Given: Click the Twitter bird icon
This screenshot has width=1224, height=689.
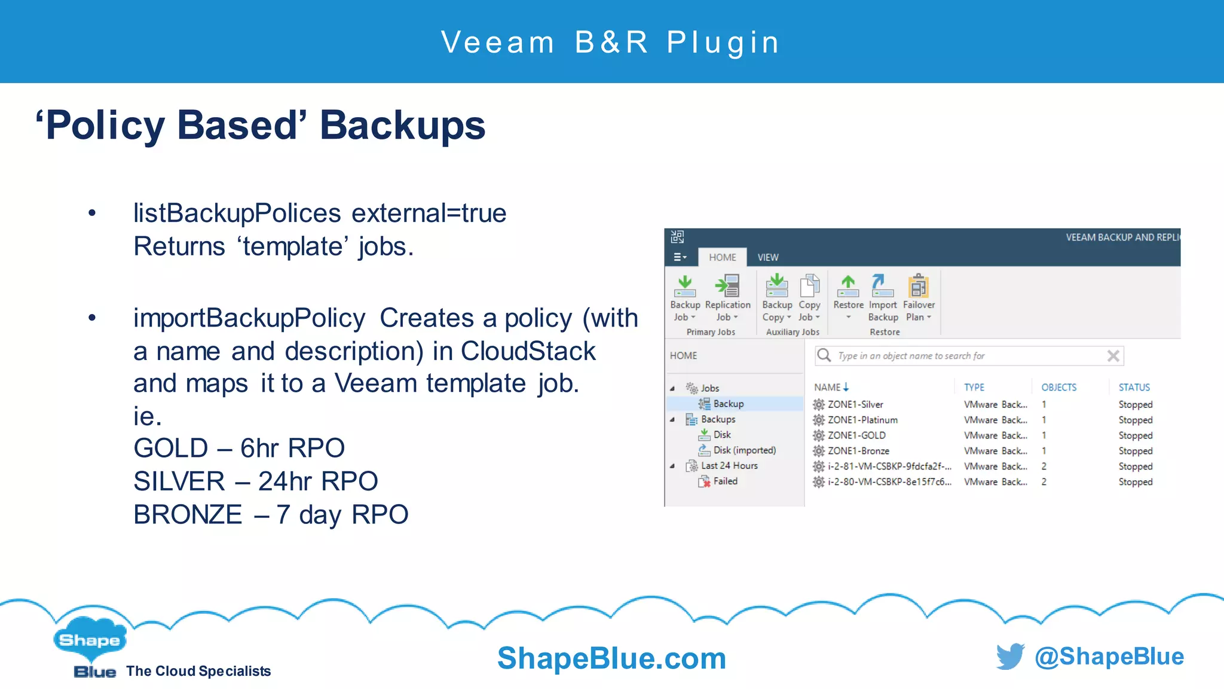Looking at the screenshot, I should point(1010,656).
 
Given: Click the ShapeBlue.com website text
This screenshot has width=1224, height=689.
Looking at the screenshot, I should point(611,658).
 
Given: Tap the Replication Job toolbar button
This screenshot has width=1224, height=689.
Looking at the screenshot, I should point(727,297).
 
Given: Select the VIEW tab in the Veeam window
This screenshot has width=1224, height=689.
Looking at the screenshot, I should point(768,257).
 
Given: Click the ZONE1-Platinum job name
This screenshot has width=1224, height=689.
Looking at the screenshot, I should point(862,420).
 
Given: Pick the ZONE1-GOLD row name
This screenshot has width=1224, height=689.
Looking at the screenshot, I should point(856,435).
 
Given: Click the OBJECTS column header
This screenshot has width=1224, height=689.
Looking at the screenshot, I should point(1058,387).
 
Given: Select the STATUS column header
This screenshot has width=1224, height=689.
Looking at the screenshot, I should point(1134,387).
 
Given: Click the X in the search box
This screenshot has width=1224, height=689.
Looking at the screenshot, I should point(1113,356).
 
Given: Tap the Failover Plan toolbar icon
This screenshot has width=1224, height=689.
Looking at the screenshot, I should point(919,297).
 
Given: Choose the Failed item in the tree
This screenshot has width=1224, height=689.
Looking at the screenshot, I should point(725,481).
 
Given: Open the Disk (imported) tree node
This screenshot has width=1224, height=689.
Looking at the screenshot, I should point(744,450).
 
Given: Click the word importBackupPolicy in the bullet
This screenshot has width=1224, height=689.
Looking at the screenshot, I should point(249,318).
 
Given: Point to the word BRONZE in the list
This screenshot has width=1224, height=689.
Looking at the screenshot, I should point(188,514).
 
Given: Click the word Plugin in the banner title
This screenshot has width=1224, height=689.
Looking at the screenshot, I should point(723,42).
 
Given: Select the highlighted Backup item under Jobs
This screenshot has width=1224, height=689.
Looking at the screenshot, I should point(728,404).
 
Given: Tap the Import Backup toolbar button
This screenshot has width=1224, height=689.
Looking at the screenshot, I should point(883,297).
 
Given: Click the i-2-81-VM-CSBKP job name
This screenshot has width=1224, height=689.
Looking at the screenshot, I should point(889,466).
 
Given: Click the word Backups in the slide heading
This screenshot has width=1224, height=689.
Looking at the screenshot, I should point(402,126).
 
